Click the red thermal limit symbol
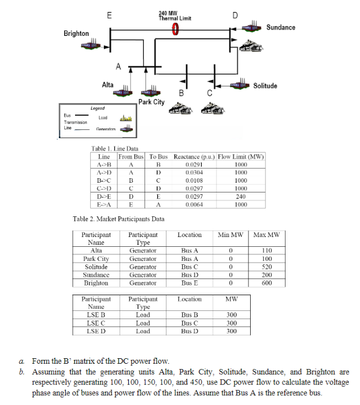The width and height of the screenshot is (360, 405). (x=175, y=28)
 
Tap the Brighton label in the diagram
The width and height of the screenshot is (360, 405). (x=76, y=34)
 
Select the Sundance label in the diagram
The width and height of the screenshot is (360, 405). (x=281, y=27)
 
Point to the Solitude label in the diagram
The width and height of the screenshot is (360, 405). (x=265, y=86)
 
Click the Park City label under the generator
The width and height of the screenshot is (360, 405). (x=151, y=102)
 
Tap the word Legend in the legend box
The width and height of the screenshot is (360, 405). (x=98, y=109)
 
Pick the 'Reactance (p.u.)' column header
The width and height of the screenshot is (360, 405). (x=194, y=157)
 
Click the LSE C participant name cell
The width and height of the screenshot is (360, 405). (x=96, y=323)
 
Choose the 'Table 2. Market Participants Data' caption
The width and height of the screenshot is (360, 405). (x=119, y=219)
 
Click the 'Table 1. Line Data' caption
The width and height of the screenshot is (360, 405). (x=115, y=149)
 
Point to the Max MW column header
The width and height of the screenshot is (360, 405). (x=266, y=235)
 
